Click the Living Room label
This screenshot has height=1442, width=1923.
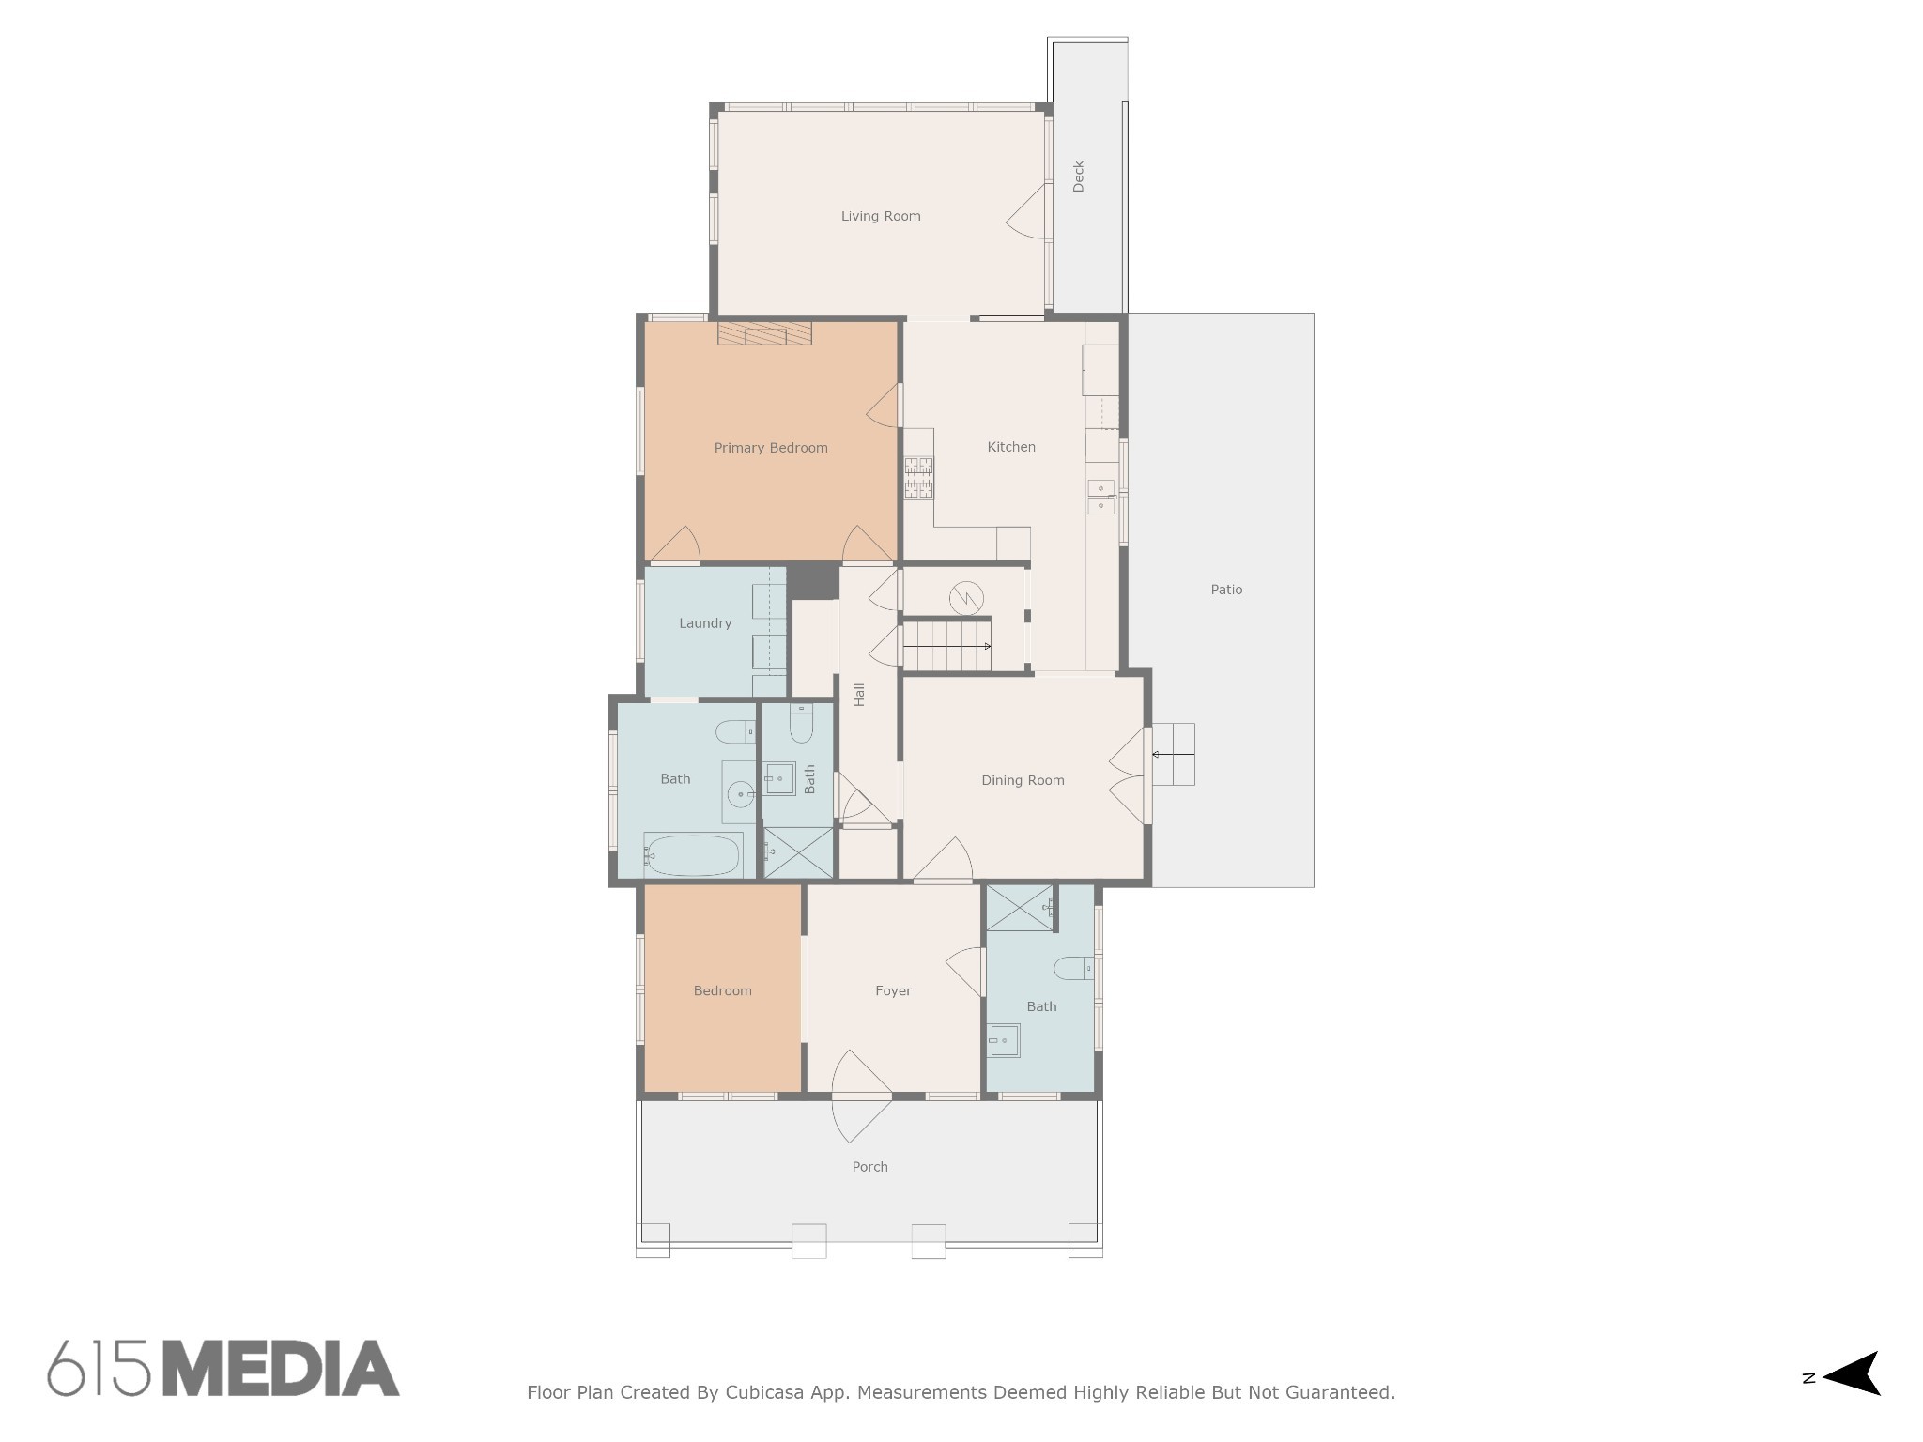click(880, 216)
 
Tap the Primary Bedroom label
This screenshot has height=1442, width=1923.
click(771, 448)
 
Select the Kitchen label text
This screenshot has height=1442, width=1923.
click(1011, 447)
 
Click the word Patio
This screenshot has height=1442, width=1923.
click(1226, 590)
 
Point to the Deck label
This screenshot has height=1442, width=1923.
click(1078, 176)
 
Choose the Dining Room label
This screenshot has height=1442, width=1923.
click(1023, 780)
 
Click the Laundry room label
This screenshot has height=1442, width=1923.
click(705, 623)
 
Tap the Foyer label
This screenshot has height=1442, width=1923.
click(893, 990)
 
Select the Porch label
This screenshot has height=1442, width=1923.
click(869, 1167)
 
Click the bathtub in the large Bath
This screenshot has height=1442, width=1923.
click(693, 854)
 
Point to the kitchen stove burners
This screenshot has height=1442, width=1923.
click(918, 477)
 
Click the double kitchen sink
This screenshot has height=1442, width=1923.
click(1100, 497)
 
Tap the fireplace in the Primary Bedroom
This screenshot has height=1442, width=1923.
click(764, 332)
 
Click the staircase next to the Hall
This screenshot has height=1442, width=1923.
click(946, 645)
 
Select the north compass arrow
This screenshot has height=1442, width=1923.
click(1852, 1373)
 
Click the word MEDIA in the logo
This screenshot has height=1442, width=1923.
click(282, 1369)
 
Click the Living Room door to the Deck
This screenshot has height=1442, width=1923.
click(1027, 212)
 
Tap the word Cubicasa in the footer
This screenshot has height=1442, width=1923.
click(763, 1392)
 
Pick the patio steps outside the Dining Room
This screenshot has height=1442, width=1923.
click(1173, 754)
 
